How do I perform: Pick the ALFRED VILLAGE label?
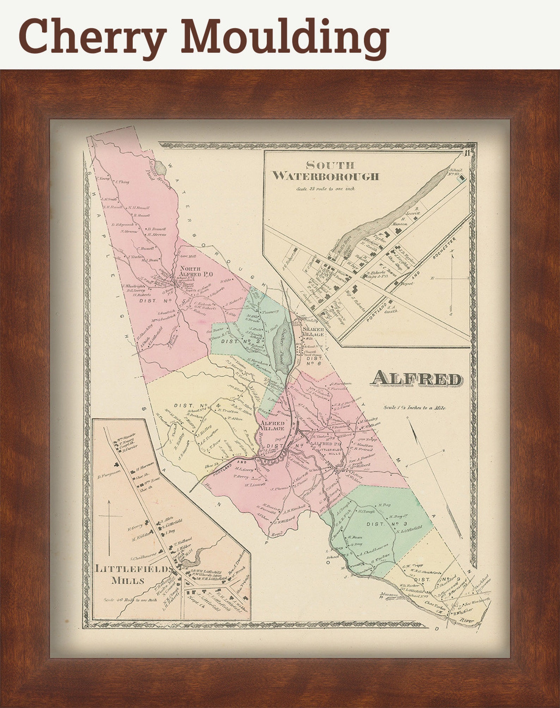pos(272,426)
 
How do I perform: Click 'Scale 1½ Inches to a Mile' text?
pos(414,408)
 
